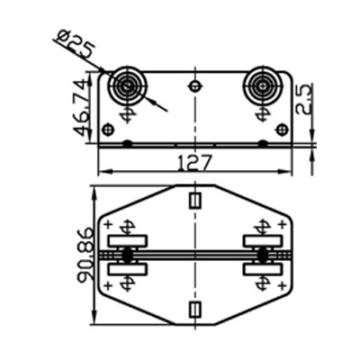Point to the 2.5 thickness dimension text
[305, 96]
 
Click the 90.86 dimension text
[85, 256]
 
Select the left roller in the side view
[125, 88]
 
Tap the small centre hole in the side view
[194, 86]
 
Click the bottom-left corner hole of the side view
[109, 130]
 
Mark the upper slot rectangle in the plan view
[194, 198]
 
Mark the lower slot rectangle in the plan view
[194, 310]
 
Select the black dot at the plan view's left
[127, 256]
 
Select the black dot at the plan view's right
[262, 256]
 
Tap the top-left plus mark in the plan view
[109, 224]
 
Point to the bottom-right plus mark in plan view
[281, 286]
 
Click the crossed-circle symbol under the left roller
[127, 114]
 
